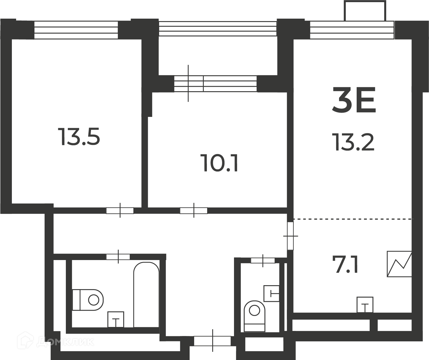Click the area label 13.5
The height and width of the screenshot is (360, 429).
click(x=79, y=136)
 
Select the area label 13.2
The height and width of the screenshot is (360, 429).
click(x=353, y=142)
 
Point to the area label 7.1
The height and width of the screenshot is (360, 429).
click(x=345, y=264)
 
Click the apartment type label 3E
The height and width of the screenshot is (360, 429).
click(x=354, y=100)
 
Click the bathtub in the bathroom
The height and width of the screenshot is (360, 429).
click(x=146, y=294)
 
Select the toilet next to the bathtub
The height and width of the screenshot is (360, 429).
click(x=88, y=300)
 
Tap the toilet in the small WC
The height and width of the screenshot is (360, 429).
click(x=254, y=316)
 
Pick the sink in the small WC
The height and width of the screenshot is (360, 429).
click(x=271, y=293)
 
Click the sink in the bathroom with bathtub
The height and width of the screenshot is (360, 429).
click(x=116, y=319)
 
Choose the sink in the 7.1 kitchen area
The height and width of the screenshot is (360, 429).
click(x=365, y=305)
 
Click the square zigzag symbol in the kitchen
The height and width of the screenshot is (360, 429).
click(x=399, y=264)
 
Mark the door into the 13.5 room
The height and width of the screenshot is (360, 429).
click(x=120, y=211)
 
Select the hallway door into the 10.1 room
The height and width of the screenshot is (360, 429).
click(x=194, y=211)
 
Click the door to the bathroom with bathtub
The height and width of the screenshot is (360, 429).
click(x=118, y=257)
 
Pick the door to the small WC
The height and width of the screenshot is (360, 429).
click(x=263, y=261)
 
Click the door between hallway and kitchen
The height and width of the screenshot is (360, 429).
click(x=290, y=236)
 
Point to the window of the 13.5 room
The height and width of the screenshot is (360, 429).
click(x=76, y=30)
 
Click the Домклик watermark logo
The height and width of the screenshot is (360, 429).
click(x=55, y=342)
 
